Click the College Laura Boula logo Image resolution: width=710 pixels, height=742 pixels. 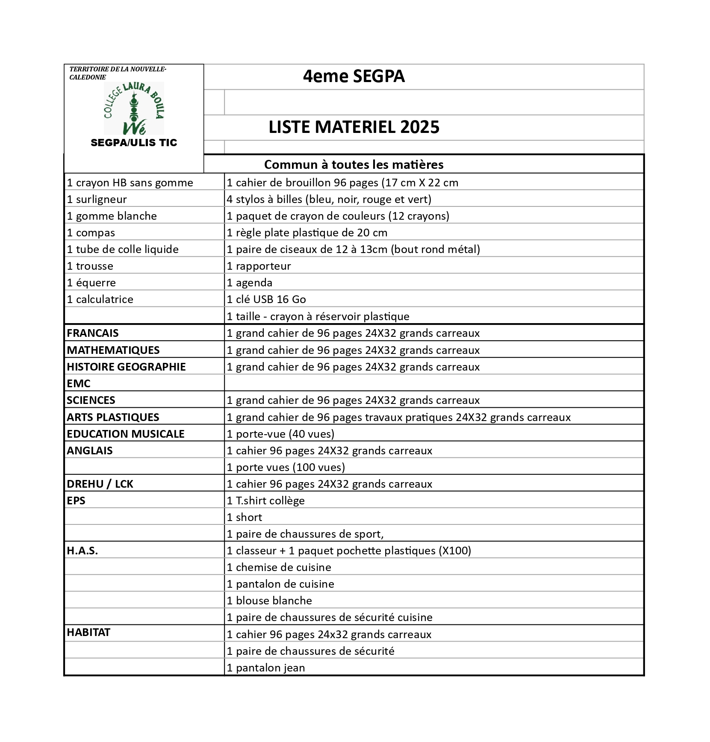click(x=134, y=108)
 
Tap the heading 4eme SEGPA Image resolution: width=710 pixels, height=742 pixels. click(x=354, y=77)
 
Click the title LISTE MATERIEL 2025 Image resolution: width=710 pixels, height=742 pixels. click(x=354, y=127)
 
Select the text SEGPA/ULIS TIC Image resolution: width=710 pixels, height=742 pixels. click(x=134, y=143)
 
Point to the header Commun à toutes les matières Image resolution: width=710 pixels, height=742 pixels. click(x=354, y=165)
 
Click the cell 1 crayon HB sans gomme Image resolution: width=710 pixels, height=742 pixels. click(x=130, y=183)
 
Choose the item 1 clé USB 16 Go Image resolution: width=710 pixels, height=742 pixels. click(x=266, y=299)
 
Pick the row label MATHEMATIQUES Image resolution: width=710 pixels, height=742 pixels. click(x=113, y=350)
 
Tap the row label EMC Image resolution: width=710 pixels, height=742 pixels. click(x=79, y=383)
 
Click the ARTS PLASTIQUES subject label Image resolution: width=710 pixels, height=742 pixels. click(x=113, y=417)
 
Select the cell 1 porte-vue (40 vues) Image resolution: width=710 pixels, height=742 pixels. click(x=280, y=434)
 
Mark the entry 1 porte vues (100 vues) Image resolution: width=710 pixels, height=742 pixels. click(x=286, y=467)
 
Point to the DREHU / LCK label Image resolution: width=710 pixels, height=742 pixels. click(x=100, y=484)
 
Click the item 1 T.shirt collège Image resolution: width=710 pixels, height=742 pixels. click(x=265, y=501)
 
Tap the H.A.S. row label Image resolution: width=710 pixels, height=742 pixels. click(x=82, y=551)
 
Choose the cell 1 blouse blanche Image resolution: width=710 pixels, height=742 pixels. click(x=269, y=601)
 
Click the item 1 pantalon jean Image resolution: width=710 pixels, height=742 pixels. click(x=266, y=668)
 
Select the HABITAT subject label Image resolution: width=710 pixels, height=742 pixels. click(x=88, y=632)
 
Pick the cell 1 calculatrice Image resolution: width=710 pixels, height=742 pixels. click(x=100, y=299)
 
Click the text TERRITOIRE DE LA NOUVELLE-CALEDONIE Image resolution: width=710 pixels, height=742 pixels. click(x=118, y=73)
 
